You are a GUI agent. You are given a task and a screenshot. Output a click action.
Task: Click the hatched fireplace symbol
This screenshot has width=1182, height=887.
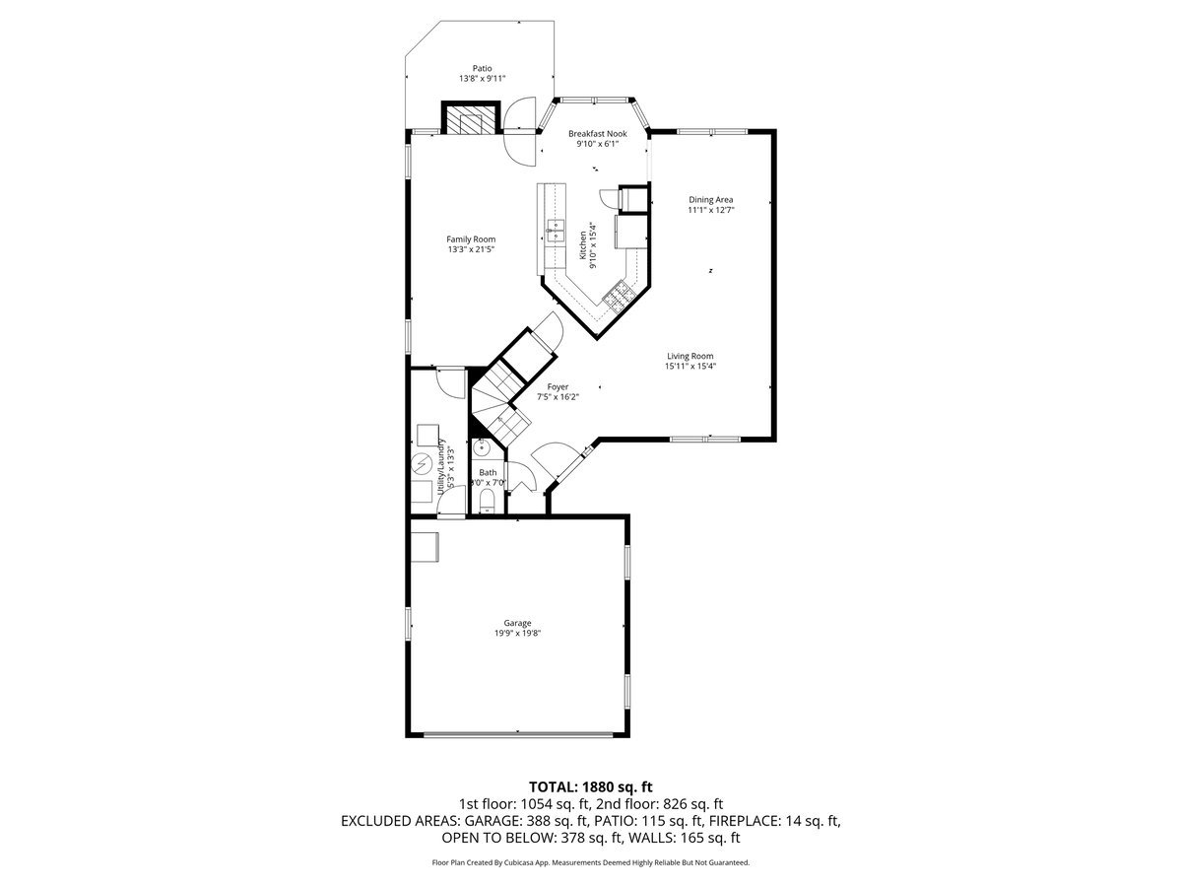(467, 119)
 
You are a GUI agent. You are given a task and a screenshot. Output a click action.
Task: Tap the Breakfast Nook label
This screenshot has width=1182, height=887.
(597, 133)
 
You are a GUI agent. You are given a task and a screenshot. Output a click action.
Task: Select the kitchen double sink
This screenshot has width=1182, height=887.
(556, 232)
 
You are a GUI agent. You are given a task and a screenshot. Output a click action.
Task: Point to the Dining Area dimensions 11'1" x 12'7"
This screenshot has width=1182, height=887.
(710, 209)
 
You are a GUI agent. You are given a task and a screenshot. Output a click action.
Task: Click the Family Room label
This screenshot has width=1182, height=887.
(471, 239)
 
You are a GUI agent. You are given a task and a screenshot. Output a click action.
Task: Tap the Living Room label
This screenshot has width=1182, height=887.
(689, 356)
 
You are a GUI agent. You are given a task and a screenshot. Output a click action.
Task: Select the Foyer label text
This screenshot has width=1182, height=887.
(558, 387)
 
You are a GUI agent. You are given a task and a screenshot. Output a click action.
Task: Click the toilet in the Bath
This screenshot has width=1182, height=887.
(485, 504)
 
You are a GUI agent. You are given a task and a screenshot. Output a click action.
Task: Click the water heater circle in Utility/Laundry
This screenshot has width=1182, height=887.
(421, 462)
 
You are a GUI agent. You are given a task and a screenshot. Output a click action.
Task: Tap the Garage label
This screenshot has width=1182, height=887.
(518, 623)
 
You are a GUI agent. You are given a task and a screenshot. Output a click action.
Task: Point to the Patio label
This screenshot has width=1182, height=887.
(482, 68)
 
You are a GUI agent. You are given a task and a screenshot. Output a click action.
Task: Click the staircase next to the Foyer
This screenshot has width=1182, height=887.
(502, 404)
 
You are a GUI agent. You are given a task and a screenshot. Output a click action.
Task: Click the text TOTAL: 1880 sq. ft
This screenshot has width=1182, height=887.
(591, 786)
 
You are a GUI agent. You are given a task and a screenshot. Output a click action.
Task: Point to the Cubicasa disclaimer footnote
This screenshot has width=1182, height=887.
(591, 862)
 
